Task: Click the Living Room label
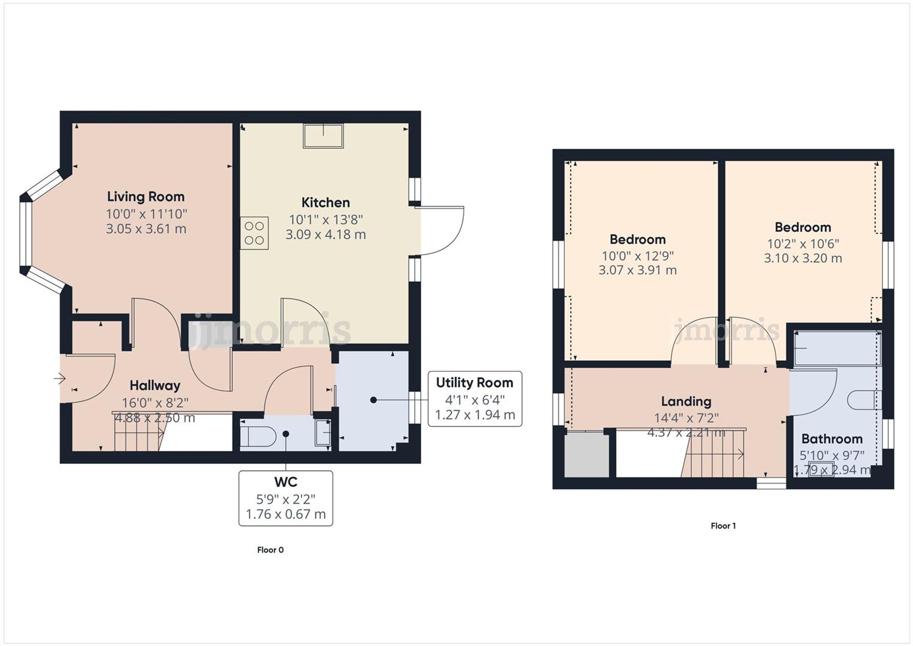[x=146, y=197]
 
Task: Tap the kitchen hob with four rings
[x=254, y=233]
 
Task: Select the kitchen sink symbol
[x=323, y=136]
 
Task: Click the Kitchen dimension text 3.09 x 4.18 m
[x=325, y=235]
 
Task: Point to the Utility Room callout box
[x=475, y=399]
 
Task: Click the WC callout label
[x=286, y=482]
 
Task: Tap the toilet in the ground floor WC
[x=258, y=436]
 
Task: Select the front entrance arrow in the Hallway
[x=60, y=378]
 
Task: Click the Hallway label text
[x=155, y=386]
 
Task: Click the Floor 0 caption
[x=270, y=550]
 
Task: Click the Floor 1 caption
[x=723, y=526]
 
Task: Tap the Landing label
[x=686, y=402]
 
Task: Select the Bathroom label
[x=832, y=439]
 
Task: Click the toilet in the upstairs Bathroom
[x=861, y=400]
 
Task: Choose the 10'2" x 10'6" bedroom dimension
[x=803, y=244]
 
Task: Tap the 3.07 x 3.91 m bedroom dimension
[x=637, y=270]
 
